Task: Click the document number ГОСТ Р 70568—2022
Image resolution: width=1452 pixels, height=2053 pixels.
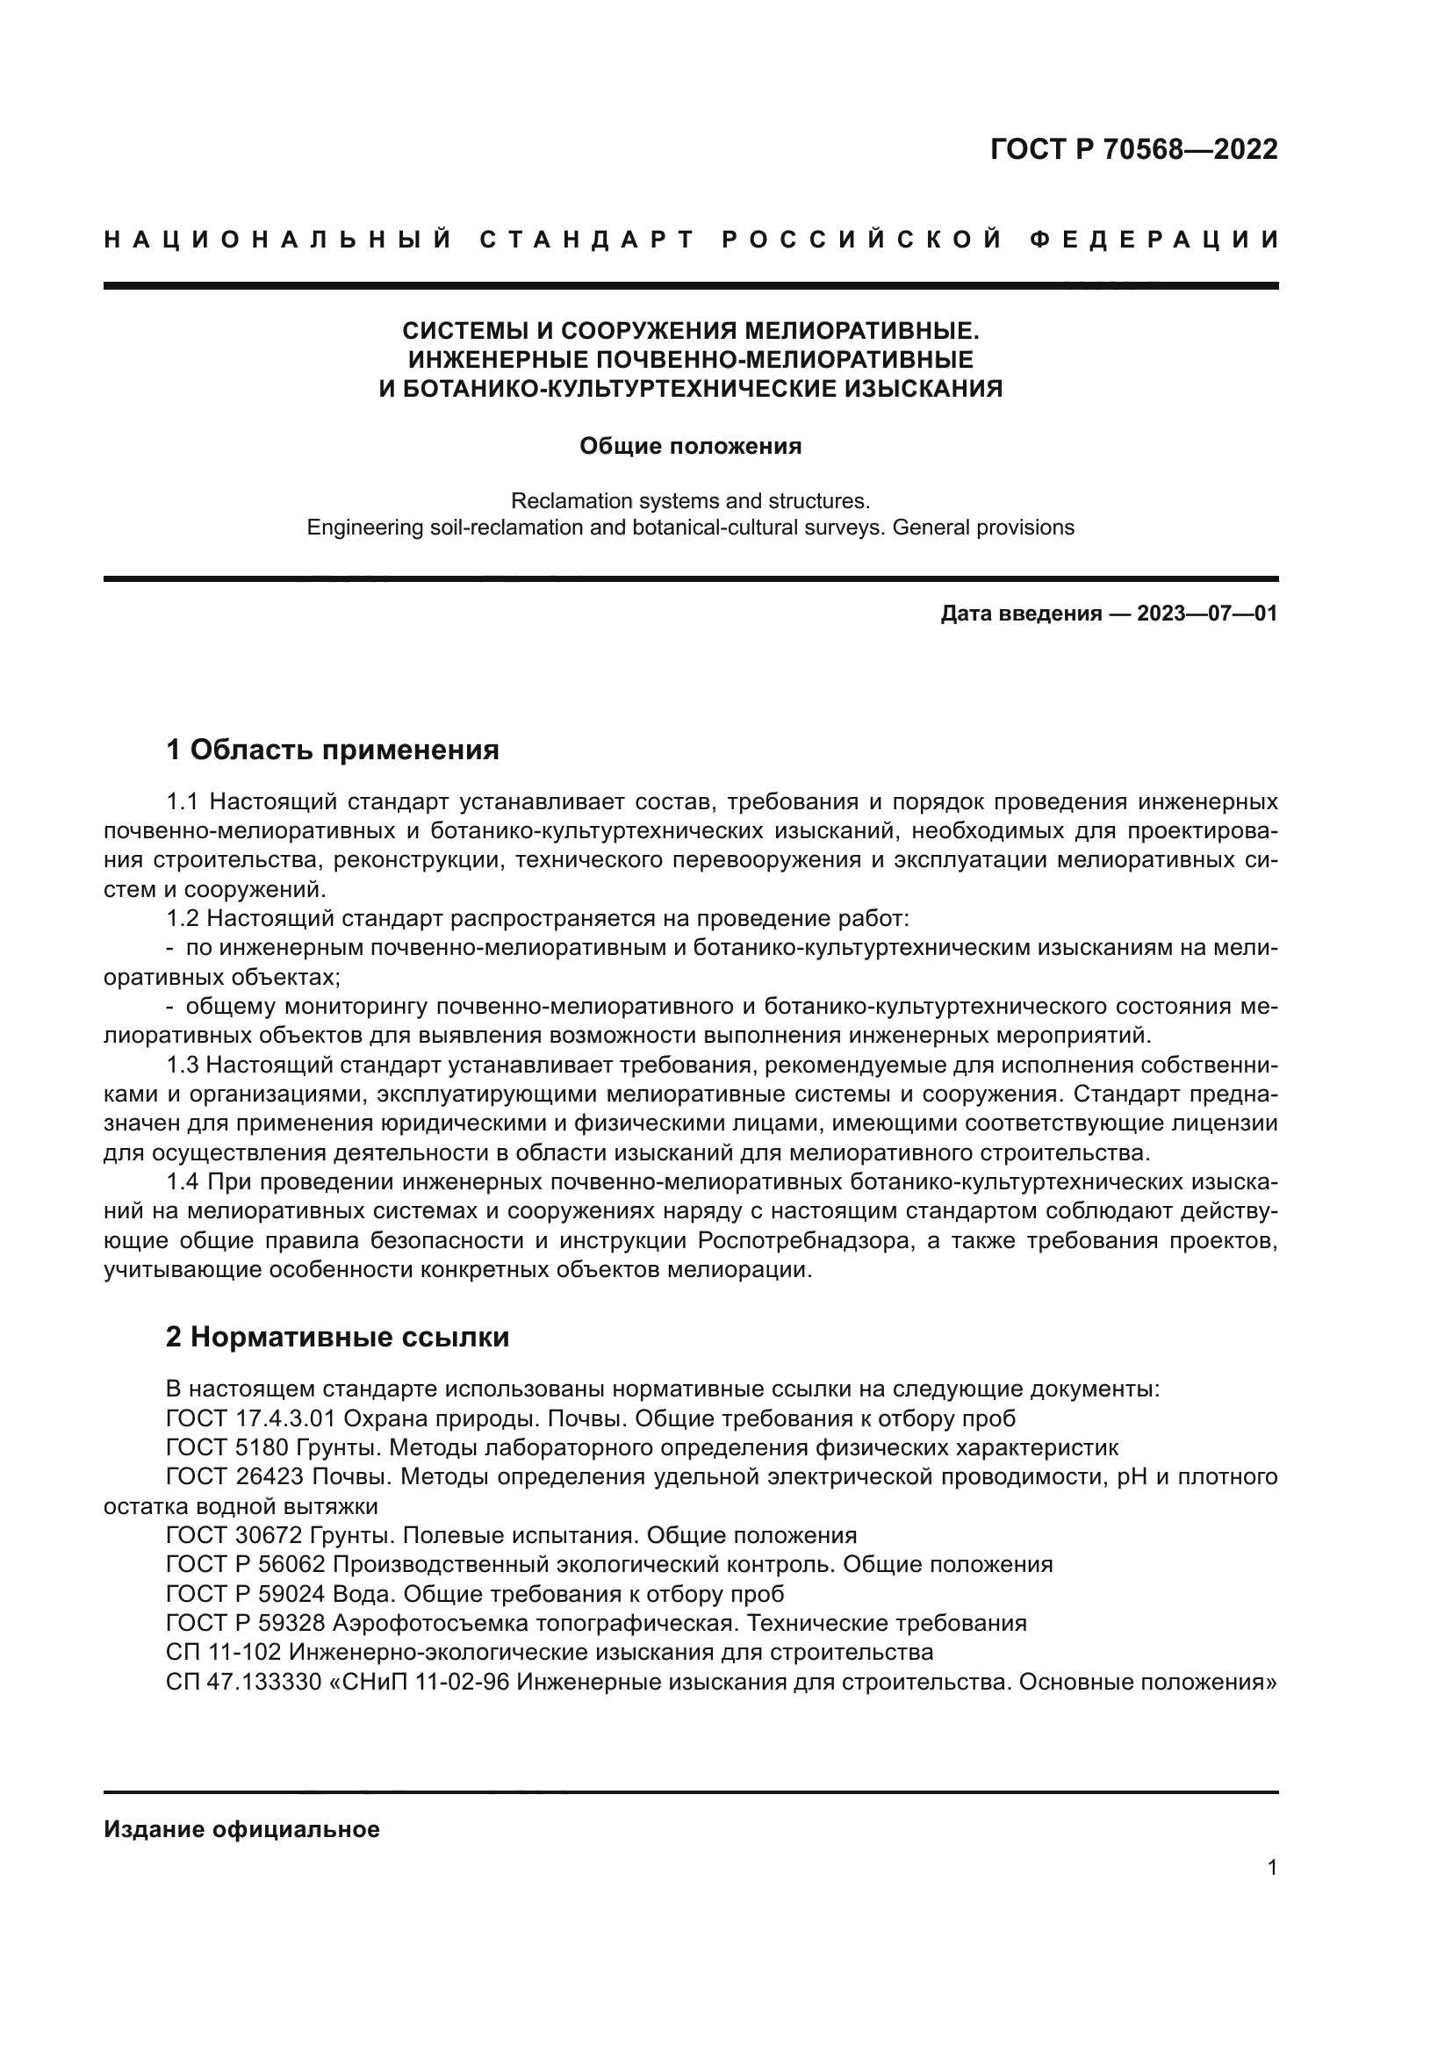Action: pos(1133,149)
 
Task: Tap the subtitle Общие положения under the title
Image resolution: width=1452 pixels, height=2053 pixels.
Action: pos(690,446)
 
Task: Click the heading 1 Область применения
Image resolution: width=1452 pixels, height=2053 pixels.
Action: pos(333,750)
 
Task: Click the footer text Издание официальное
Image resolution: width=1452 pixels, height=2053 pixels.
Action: pos(241,1829)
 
